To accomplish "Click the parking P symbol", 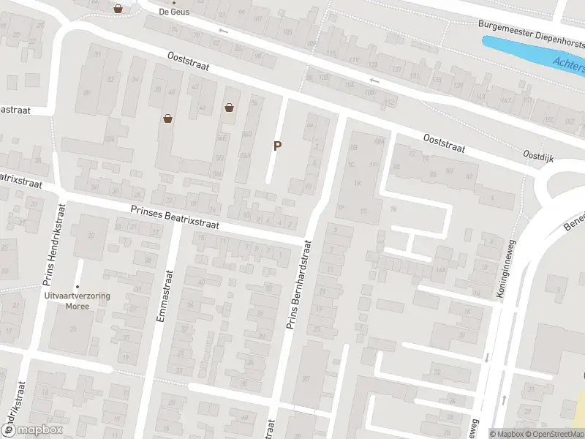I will click(x=277, y=146).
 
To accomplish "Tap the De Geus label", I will click(x=173, y=12).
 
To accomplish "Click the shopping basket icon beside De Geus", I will click(x=118, y=9).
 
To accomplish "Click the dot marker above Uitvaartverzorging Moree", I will click(x=77, y=287).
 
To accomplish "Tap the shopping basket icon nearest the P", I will click(x=230, y=108).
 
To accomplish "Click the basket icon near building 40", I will click(x=168, y=118).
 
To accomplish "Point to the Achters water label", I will click(x=569, y=66).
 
